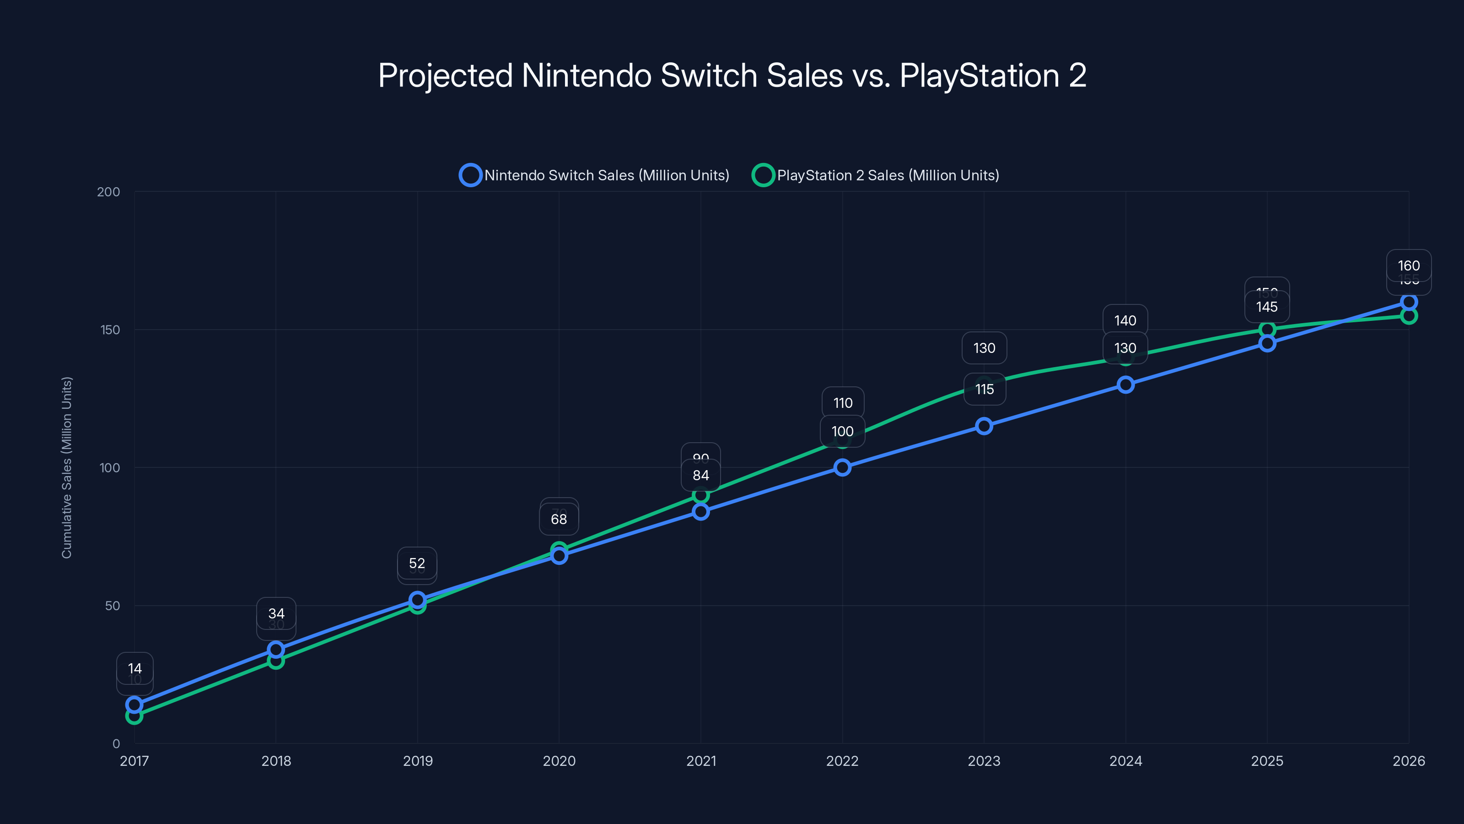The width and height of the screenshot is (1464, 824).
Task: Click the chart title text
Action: coord(732,76)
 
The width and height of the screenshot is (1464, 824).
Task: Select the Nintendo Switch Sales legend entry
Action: coord(594,175)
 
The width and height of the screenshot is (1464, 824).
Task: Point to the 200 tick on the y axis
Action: coord(108,192)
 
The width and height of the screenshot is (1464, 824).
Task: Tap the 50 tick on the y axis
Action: coord(113,606)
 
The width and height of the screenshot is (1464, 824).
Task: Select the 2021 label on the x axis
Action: coord(701,761)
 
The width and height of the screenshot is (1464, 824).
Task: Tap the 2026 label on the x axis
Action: coord(1408,761)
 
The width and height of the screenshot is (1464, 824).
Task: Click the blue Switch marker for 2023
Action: coord(984,426)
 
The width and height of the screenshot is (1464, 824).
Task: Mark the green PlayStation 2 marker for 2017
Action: coord(134,716)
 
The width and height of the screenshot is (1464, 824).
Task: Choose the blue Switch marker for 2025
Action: coord(1267,343)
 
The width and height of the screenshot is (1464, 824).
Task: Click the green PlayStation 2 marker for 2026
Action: coord(1408,315)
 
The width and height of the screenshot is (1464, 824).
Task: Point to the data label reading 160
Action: coord(1408,266)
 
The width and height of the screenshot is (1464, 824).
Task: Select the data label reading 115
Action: coord(985,390)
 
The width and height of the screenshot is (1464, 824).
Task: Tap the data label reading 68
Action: coord(559,519)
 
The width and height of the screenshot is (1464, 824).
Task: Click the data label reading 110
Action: coord(843,403)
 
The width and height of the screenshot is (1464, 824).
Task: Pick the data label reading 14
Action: coord(135,669)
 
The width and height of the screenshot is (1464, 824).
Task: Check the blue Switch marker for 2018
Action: coord(275,650)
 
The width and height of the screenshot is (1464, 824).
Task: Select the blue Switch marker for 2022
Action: coord(842,467)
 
